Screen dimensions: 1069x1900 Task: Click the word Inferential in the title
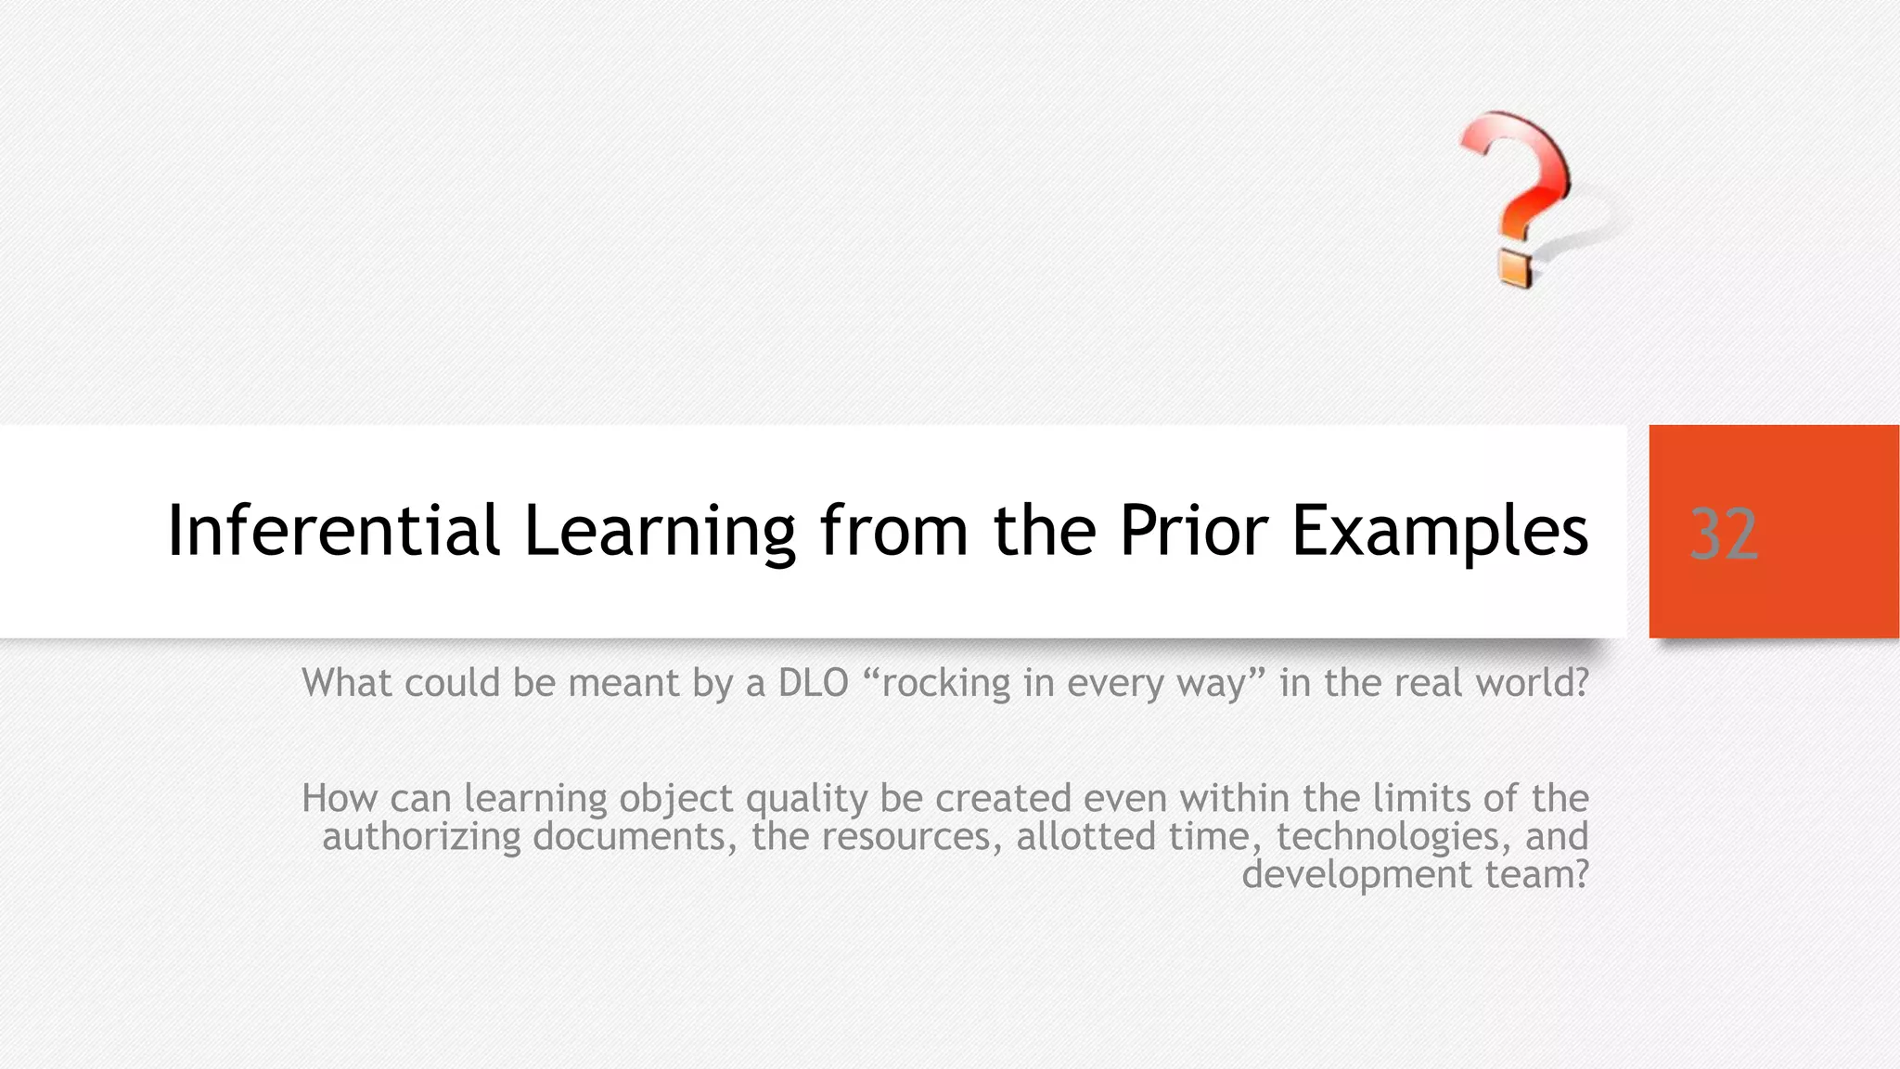click(x=333, y=531)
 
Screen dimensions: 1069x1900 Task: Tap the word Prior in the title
click(x=1193, y=531)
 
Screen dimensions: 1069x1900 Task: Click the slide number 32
click(x=1723, y=534)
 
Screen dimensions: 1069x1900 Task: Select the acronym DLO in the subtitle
click(x=814, y=683)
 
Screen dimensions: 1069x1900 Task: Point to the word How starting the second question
click(x=339, y=798)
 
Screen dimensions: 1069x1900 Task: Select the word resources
click(x=905, y=837)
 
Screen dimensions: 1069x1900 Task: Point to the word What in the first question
click(x=346, y=683)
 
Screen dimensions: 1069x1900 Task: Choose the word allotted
click(x=1085, y=837)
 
